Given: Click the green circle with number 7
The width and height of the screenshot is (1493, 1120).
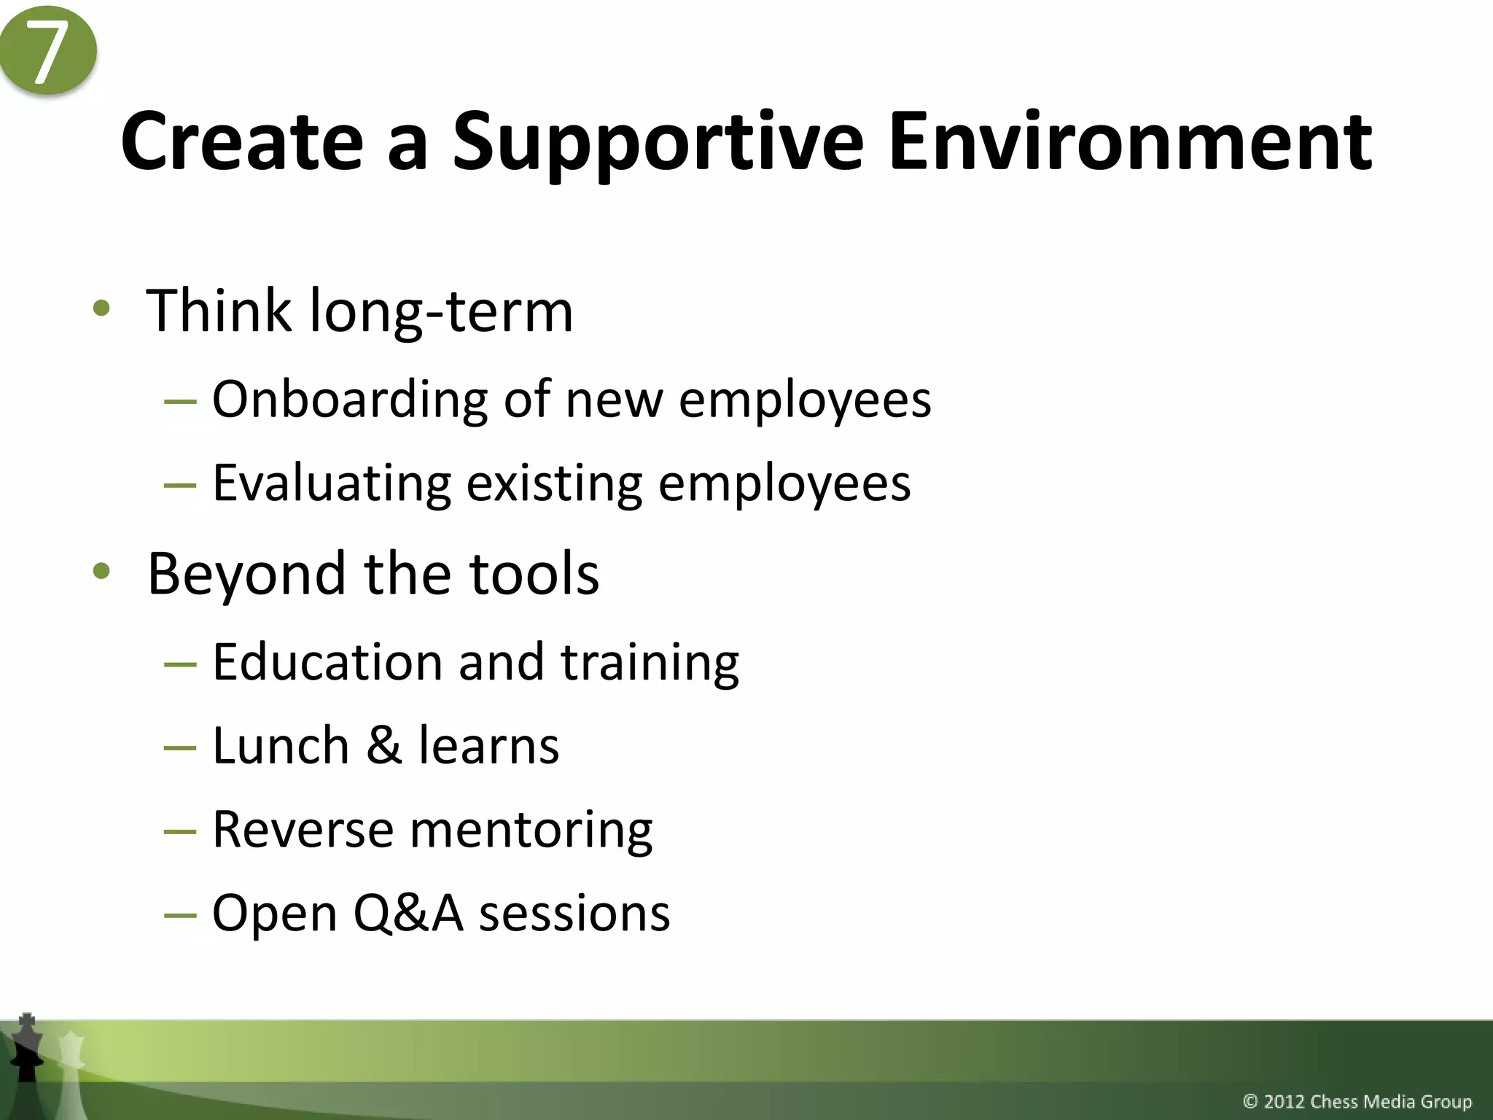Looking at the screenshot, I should click(48, 51).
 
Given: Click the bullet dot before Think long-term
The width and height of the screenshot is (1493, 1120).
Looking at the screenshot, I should click(101, 308).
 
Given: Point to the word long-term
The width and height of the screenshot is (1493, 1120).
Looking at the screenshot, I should click(442, 312).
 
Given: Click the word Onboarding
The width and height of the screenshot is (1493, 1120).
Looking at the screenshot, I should click(349, 400).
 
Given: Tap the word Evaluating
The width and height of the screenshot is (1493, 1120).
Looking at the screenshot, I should click(332, 483).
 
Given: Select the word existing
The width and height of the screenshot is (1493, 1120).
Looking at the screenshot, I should click(554, 483).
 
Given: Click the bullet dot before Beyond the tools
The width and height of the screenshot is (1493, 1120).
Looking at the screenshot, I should click(101, 571).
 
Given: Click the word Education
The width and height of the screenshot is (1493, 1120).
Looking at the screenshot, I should click(327, 662).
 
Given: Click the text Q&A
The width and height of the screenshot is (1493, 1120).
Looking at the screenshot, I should click(408, 914).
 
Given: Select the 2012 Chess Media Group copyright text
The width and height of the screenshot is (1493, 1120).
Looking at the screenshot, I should click(1357, 1101).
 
